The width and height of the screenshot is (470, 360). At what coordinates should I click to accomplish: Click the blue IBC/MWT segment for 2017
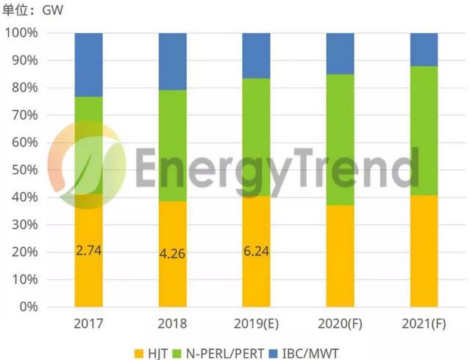click(88, 65)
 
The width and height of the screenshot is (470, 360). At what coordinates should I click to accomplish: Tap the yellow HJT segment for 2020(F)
click(341, 255)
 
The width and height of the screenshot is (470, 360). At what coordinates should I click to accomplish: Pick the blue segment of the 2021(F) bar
click(424, 49)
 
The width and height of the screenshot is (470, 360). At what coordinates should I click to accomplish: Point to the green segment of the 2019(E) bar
click(256, 137)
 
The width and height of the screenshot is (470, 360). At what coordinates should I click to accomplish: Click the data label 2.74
click(88, 250)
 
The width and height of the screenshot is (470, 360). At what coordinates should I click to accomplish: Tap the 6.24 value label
click(256, 250)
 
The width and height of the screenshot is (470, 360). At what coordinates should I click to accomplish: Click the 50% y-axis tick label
click(24, 170)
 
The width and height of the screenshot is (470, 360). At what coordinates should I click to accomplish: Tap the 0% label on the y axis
click(29, 306)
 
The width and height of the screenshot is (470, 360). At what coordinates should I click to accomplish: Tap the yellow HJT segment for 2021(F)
click(424, 250)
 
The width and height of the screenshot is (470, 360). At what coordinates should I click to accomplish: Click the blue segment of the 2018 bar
click(172, 61)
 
